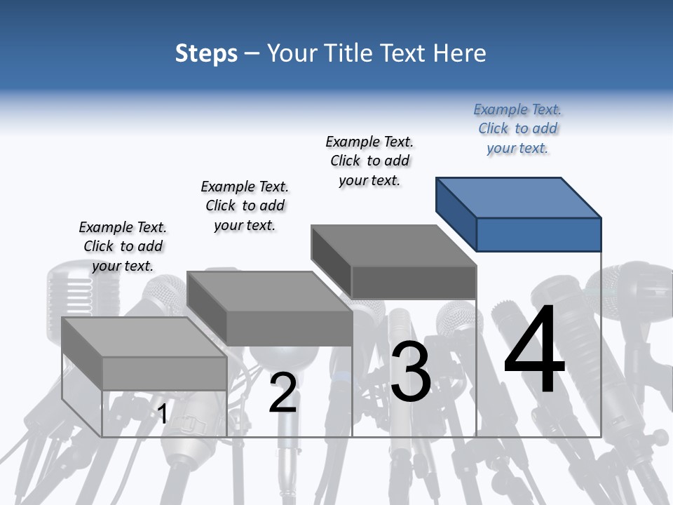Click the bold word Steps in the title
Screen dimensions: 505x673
pyautogui.click(x=206, y=53)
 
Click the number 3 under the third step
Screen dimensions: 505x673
pyautogui.click(x=410, y=372)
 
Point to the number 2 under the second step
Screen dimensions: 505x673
pyautogui.click(x=283, y=393)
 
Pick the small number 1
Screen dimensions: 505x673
pyautogui.click(x=162, y=414)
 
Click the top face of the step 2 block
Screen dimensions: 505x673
pyautogui.click(x=269, y=291)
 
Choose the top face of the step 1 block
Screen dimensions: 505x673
pyautogui.click(x=144, y=337)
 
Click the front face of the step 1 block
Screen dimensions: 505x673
pyautogui.click(x=164, y=373)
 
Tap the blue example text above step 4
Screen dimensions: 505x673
pyautogui.click(x=517, y=129)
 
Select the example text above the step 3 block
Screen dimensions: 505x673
pyautogui.click(x=369, y=161)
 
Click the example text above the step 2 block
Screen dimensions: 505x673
pyautogui.click(x=245, y=206)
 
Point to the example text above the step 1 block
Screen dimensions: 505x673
pyautogui.click(x=123, y=246)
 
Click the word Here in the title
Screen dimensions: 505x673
pyautogui.click(x=460, y=53)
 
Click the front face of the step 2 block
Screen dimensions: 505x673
pyautogui.click(x=289, y=328)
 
